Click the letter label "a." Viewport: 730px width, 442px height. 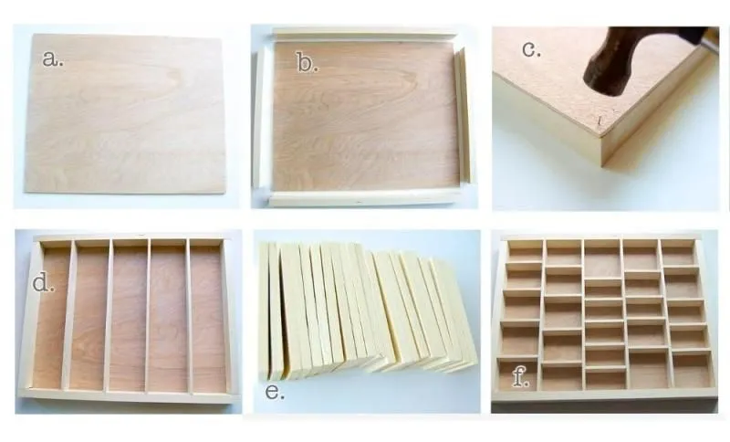click(53, 58)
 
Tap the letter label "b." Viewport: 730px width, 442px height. click(307, 62)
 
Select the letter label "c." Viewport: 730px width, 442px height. click(531, 49)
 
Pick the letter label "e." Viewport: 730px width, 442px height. click(275, 392)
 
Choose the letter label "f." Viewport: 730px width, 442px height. click(520, 376)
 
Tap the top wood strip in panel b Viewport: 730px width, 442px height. click(364, 34)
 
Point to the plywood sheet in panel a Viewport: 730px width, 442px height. click(125, 112)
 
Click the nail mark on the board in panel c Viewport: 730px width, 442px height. click(600, 121)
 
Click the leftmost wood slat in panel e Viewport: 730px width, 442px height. click(264, 310)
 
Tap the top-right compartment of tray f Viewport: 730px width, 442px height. click(677, 253)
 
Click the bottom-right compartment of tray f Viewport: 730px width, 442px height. click(691, 370)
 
